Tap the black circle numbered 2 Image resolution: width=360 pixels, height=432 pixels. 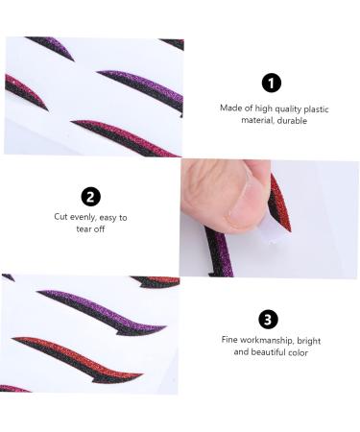coord(90,196)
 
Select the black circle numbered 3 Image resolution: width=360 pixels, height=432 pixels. coord(269,318)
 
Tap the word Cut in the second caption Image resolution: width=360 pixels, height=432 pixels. coord(61,218)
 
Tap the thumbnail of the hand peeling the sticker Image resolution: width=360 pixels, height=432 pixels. coord(235,218)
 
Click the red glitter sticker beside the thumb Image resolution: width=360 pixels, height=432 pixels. coord(279,201)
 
